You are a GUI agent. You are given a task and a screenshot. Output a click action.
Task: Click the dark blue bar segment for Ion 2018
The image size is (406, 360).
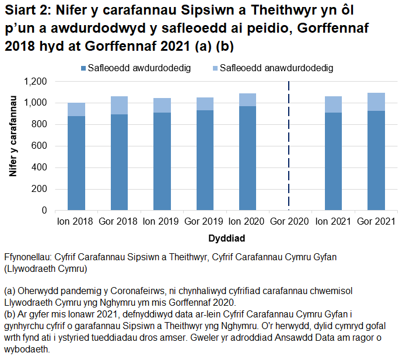pyautogui.click(x=76, y=163)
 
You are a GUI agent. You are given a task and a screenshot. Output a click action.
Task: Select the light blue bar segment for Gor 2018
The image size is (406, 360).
pyautogui.click(x=119, y=106)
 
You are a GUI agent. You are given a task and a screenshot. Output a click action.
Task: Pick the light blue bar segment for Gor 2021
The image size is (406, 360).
pyautogui.click(x=376, y=102)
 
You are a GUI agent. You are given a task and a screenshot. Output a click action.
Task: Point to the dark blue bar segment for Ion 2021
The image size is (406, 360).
pyautogui.click(x=334, y=161)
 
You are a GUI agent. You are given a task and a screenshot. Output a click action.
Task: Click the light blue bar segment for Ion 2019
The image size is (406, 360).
pyautogui.click(x=162, y=105)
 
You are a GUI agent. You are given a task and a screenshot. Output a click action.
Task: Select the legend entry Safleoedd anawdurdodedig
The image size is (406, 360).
pyautogui.click(x=277, y=68)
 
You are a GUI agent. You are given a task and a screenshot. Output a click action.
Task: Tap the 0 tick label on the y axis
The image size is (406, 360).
pyautogui.click(x=45, y=210)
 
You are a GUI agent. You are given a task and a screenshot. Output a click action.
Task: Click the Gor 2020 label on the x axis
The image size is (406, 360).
pyautogui.click(x=290, y=222)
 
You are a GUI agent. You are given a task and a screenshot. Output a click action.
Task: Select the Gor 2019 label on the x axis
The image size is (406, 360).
pyautogui.click(x=205, y=222)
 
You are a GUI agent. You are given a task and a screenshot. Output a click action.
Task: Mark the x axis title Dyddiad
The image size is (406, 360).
pyautogui.click(x=226, y=238)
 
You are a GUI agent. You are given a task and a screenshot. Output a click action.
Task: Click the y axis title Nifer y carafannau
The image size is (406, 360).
pyautogui.click(x=13, y=145)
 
